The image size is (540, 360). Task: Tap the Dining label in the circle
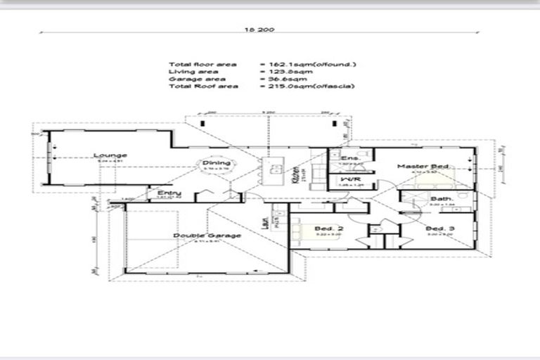212,162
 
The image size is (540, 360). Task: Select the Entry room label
169,193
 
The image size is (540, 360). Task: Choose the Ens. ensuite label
350,159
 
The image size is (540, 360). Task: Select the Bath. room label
442,200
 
